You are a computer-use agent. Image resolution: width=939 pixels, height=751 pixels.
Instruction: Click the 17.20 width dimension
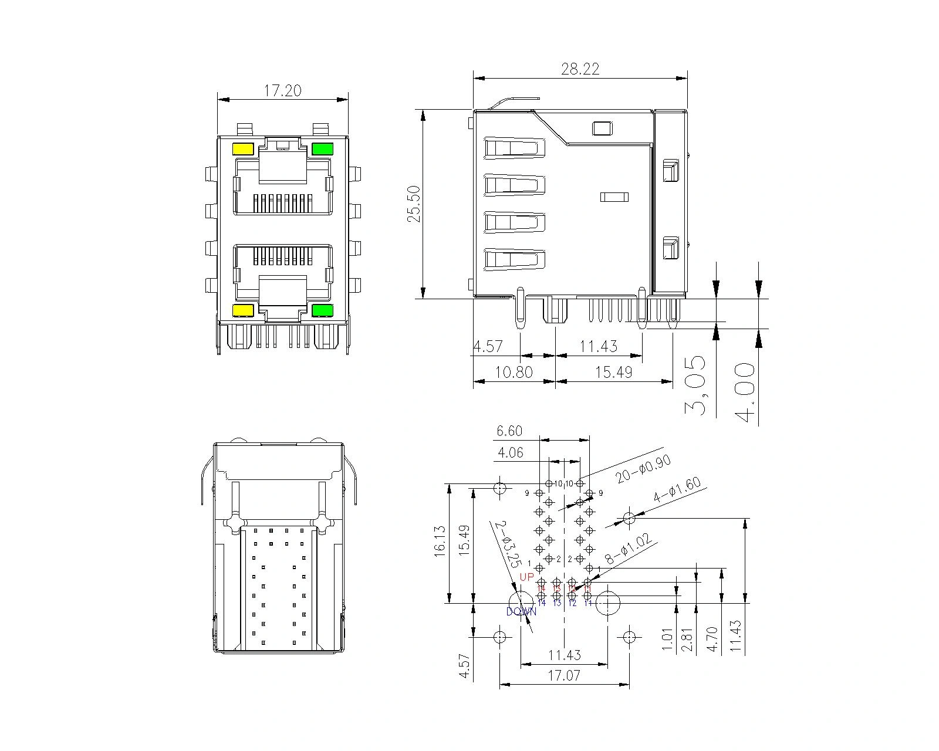(282, 90)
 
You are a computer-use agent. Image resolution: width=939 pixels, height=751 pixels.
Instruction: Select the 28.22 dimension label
(580, 69)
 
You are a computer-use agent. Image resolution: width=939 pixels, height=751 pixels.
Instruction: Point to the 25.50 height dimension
(414, 204)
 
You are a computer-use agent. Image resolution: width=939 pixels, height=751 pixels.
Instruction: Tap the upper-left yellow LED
(243, 149)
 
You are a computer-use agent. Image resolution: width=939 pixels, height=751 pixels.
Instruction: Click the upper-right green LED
(322, 149)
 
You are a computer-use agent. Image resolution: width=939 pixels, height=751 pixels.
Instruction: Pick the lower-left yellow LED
(243, 310)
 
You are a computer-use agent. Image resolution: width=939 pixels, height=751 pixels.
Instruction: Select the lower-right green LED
(322, 310)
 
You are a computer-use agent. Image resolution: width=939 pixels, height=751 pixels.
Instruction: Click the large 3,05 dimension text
(697, 385)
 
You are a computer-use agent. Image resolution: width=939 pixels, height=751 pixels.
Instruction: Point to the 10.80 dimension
(514, 372)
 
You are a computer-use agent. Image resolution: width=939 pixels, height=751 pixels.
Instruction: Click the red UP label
(527, 577)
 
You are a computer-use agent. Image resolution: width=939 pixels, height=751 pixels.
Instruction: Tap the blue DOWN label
(521, 611)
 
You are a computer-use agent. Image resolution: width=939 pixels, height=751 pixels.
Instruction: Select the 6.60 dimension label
(509, 431)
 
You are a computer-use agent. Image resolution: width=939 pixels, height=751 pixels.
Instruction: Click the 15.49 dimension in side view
(613, 372)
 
